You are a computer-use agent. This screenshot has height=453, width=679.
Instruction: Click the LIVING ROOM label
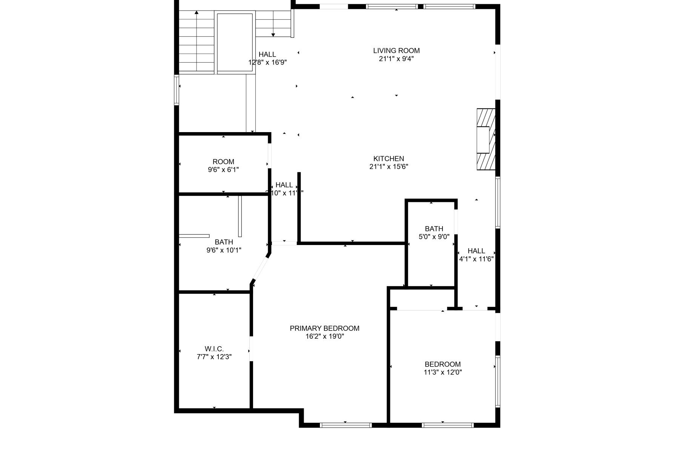click(x=396, y=51)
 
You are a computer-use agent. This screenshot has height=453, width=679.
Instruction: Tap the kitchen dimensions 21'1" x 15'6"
click(x=389, y=166)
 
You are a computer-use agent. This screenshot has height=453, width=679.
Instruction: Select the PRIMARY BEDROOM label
click(x=324, y=328)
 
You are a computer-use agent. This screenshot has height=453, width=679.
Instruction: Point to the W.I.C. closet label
click(x=214, y=349)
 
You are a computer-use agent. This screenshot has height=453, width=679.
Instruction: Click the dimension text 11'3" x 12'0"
click(x=442, y=372)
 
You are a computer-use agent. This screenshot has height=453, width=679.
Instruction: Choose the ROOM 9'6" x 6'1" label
click(x=223, y=166)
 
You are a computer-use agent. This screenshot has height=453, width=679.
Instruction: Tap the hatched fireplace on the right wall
click(x=485, y=140)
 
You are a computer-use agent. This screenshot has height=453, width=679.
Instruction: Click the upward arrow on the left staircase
click(x=197, y=13)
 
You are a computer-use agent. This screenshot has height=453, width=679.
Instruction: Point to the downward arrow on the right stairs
click(x=273, y=35)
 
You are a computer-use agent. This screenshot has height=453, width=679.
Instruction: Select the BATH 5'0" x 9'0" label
click(x=434, y=233)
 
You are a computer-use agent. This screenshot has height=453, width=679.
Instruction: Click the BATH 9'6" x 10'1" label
click(x=224, y=246)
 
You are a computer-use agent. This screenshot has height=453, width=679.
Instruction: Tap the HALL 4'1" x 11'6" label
click(x=476, y=255)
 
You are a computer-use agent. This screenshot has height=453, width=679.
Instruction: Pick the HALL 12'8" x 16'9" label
click(x=267, y=58)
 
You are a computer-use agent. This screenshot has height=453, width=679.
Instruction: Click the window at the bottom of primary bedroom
click(x=346, y=425)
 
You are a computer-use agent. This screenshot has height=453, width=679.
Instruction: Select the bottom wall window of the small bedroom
click(x=447, y=425)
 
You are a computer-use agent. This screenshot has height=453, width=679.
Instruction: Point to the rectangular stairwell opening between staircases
click(x=235, y=42)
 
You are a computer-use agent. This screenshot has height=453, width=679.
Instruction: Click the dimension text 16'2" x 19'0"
click(x=324, y=336)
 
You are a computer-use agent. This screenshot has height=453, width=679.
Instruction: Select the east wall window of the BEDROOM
click(x=498, y=381)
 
